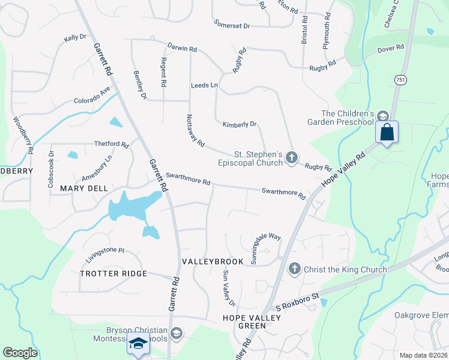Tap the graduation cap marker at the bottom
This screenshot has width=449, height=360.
coord(138,344)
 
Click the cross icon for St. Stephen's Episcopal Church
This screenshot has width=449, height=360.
coord(292,158)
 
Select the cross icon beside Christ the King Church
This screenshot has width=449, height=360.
coord(295,269)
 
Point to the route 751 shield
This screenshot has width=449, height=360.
coord(400,79)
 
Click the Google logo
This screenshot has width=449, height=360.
coord(20,353)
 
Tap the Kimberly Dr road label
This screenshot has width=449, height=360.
coord(240,125)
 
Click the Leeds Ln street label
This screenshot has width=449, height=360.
coord(204,86)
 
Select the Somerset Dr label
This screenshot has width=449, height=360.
coord(232,25)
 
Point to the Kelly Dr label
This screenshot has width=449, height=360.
coord(75,38)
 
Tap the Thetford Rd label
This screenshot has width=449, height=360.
coord(112,145)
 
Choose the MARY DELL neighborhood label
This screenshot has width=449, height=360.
coord(84,188)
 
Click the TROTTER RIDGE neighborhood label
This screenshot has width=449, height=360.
coord(113,274)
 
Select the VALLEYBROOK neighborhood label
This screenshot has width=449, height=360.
coord(213,262)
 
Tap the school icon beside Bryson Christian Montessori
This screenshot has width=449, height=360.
coord(176,332)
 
